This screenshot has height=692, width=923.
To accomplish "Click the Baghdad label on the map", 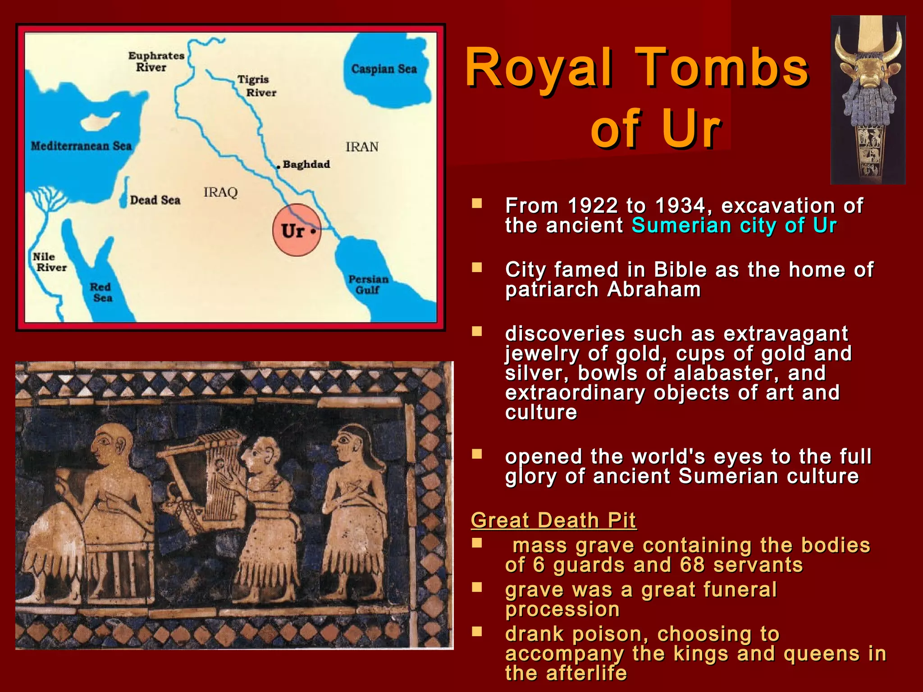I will (x=306, y=164).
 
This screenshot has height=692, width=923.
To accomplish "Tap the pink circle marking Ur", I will (x=297, y=230).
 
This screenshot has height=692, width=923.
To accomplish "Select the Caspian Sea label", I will (x=384, y=69).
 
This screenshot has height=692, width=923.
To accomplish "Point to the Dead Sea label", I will (x=155, y=200).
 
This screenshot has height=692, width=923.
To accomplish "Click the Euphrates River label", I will (x=156, y=61).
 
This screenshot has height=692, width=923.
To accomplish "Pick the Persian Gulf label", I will (x=368, y=285).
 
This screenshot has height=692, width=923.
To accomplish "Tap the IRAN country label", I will (x=362, y=147).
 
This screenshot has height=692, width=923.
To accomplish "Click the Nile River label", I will (x=49, y=262).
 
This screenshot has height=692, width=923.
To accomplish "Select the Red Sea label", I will (x=101, y=292).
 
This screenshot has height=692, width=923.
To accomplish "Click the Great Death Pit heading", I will (x=553, y=520).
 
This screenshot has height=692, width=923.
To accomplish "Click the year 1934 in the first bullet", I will (x=680, y=206).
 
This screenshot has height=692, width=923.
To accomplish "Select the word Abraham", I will (x=654, y=289).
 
